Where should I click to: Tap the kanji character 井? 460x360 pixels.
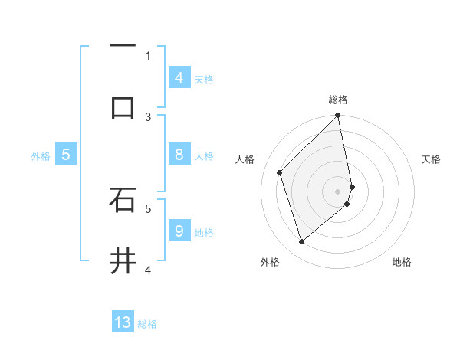pyautogui.click(x=123, y=262)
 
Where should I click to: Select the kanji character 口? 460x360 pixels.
pyautogui.click(x=123, y=107)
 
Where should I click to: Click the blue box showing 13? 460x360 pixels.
pyautogui.click(x=123, y=322)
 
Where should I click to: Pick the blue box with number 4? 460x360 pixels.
pyautogui.click(x=179, y=77)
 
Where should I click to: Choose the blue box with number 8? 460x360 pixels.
pyautogui.click(x=179, y=155)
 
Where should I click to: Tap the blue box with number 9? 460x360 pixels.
pyautogui.click(x=179, y=231)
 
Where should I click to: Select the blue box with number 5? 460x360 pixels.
pyautogui.click(x=66, y=155)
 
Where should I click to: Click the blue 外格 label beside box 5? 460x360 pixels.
pyautogui.click(x=41, y=156)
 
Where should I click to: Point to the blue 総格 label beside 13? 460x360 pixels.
pyautogui.click(x=147, y=324)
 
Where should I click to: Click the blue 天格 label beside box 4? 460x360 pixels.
pyautogui.click(x=204, y=79)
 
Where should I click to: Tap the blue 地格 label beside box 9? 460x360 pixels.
pyautogui.click(x=204, y=232)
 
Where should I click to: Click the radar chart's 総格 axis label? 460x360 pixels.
pyautogui.click(x=338, y=100)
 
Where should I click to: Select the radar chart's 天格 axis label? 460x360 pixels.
pyautogui.click(x=432, y=159)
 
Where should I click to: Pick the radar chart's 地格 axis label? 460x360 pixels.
pyautogui.click(x=402, y=262)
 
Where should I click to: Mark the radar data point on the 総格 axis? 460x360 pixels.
pyautogui.click(x=338, y=116)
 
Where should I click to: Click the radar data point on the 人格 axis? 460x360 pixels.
pyautogui.click(x=280, y=172)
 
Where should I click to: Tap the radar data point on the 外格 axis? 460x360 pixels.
pyautogui.click(x=302, y=242)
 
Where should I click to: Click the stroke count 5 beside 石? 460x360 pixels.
pyautogui.click(x=148, y=208)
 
